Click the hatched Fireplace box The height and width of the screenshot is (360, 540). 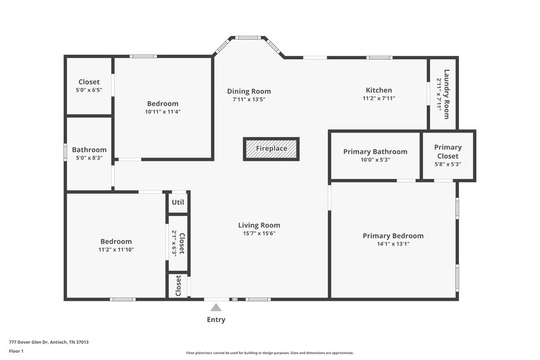coord(271,149)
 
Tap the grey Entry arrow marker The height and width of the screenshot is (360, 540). coord(216,307)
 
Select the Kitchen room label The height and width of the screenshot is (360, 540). coord(379,91)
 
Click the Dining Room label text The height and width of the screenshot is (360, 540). coord(248,91)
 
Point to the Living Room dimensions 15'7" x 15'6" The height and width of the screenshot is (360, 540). coord(259,234)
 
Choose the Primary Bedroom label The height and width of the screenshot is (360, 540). coord(393,236)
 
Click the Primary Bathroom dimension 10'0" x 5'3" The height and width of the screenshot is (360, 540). coord(375,160)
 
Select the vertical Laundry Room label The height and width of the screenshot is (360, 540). coord(446,94)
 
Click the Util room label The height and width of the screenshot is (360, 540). coord(178,202)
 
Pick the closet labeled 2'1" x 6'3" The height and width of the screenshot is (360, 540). coord(178,243)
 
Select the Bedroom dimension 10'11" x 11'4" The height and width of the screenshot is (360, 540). coord(163,112)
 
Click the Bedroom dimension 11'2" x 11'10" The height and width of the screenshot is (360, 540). coord(116,250)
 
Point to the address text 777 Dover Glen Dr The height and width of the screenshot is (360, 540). coord(49,342)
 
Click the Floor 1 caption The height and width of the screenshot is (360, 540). coord(17,351)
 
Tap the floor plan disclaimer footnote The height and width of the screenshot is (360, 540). coord(269,353)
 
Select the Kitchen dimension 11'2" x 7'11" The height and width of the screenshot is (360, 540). coord(379,99)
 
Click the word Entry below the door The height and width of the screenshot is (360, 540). coord(216,319)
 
